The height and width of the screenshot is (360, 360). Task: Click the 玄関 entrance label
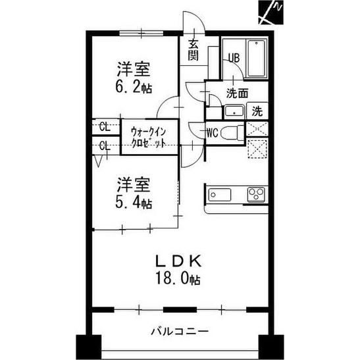click(193, 50)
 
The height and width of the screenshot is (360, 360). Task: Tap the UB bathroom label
click(233, 58)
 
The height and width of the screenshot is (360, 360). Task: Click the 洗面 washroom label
click(237, 93)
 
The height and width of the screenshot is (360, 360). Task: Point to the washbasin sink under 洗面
click(232, 111)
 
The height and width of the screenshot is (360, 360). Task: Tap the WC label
click(212, 132)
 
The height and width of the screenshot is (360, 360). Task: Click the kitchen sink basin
click(218, 195)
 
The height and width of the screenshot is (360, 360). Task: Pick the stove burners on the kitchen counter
click(256, 195)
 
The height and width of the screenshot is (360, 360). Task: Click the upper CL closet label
click(104, 126)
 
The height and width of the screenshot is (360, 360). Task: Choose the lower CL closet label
click(104, 145)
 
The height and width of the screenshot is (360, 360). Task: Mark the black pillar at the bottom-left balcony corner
click(86, 347)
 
